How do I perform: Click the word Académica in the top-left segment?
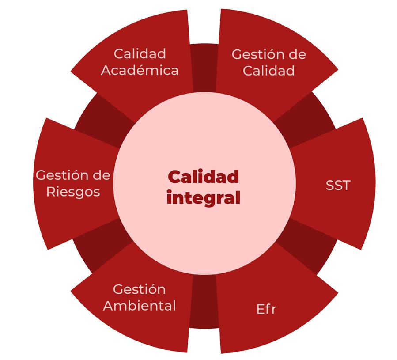point(140,70)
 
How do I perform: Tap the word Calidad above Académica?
point(140,54)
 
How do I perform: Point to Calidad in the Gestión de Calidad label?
point(268,71)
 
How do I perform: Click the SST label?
point(338,185)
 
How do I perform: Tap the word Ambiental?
point(140,305)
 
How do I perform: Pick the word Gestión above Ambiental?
point(140,289)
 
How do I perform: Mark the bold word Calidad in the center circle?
point(203,177)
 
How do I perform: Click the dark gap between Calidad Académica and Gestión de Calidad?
point(204,66)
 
